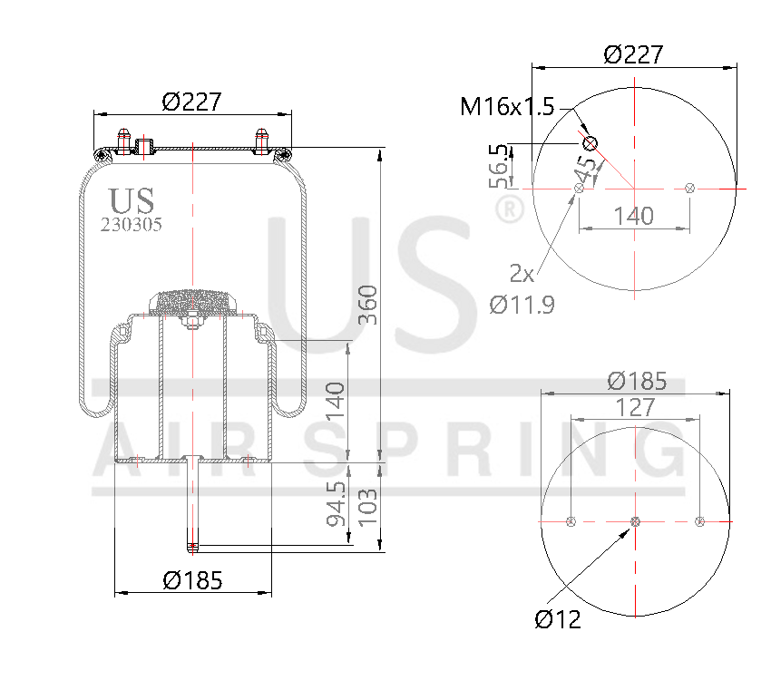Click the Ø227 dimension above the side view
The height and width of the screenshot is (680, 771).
(x=192, y=102)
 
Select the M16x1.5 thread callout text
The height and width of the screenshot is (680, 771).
(x=506, y=107)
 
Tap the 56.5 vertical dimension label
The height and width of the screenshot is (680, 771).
(x=499, y=165)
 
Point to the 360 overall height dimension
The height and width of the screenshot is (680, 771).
(x=366, y=306)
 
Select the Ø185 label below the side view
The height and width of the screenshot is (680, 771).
(x=192, y=581)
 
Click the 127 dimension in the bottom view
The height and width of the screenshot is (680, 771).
(x=634, y=408)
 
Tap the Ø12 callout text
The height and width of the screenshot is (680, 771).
(x=557, y=620)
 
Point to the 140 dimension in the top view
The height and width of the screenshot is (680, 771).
(x=633, y=216)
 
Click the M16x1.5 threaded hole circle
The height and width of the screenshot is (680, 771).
(x=590, y=143)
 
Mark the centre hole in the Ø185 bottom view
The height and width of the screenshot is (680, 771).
(x=635, y=521)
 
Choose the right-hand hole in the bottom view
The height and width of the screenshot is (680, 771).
(x=698, y=521)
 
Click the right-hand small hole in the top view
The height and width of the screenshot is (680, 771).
(x=690, y=188)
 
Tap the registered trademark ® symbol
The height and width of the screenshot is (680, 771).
(x=510, y=210)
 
